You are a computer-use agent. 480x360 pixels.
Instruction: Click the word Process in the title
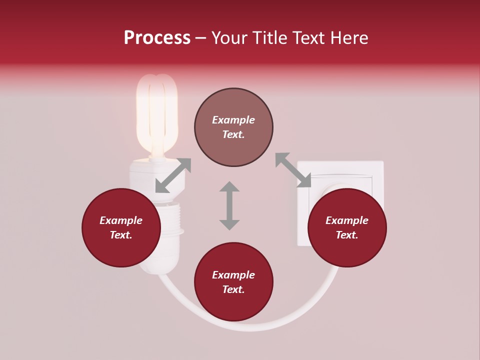[157, 38]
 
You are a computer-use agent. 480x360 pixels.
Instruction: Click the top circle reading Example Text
[233, 127]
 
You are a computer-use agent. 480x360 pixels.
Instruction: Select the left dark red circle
[121, 227]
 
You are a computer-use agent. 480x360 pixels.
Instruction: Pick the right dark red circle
[347, 227]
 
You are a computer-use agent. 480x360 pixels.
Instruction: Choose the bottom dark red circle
[233, 282]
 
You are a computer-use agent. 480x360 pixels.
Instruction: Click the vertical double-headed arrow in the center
[229, 205]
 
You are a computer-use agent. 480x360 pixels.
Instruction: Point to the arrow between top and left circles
[173, 175]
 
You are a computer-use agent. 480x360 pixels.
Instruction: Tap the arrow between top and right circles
[293, 170]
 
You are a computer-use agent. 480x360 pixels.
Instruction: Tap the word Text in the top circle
[233, 134]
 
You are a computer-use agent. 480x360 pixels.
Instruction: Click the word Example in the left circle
[121, 220]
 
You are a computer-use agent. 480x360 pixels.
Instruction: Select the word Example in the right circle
[347, 220]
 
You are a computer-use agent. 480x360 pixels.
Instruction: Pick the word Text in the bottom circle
[233, 289]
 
